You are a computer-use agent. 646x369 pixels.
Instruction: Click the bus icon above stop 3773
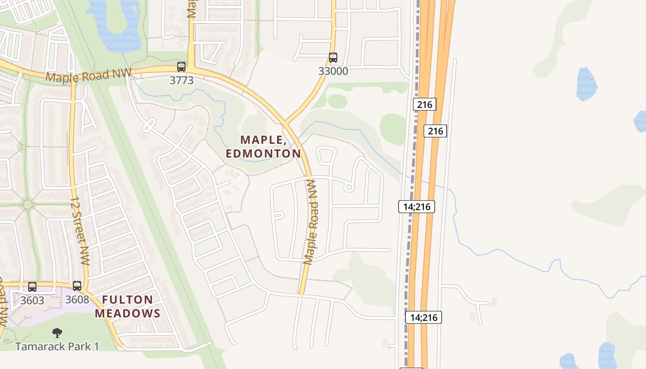tap(181, 67)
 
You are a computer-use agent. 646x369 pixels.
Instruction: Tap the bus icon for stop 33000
tap(333, 58)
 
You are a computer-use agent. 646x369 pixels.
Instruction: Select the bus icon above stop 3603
tap(32, 287)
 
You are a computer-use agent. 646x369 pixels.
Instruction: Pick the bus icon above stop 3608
tap(77, 286)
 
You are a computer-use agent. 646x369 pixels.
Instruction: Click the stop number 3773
tap(181, 80)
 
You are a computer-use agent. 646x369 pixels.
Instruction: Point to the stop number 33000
tap(333, 71)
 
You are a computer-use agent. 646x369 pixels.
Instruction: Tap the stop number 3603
tap(32, 300)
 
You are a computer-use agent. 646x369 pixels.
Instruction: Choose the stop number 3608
tap(77, 299)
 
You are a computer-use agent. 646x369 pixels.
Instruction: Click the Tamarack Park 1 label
tap(57, 346)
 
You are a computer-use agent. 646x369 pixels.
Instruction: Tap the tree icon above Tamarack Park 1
tap(57, 333)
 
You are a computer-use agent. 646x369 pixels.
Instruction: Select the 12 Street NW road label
tap(79, 232)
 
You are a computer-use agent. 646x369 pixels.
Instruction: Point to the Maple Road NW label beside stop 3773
tap(88, 75)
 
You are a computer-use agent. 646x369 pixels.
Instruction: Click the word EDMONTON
tap(263, 153)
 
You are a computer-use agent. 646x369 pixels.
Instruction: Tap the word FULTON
tap(127, 300)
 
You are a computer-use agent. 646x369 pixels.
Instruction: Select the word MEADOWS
tap(127, 314)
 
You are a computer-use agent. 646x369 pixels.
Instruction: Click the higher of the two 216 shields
tap(425, 104)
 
